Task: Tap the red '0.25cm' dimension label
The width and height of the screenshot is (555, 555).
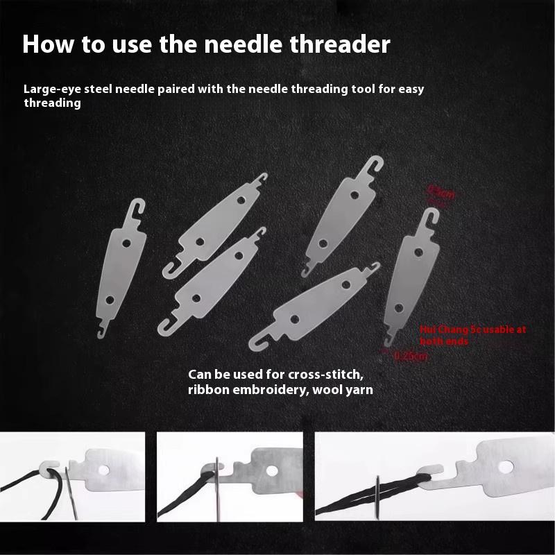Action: click(x=411, y=357)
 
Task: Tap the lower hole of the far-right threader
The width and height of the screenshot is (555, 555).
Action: click(x=398, y=306)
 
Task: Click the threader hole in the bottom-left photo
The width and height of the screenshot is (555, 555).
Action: click(x=104, y=470)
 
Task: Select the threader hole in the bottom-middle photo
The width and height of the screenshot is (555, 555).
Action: click(x=275, y=472)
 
